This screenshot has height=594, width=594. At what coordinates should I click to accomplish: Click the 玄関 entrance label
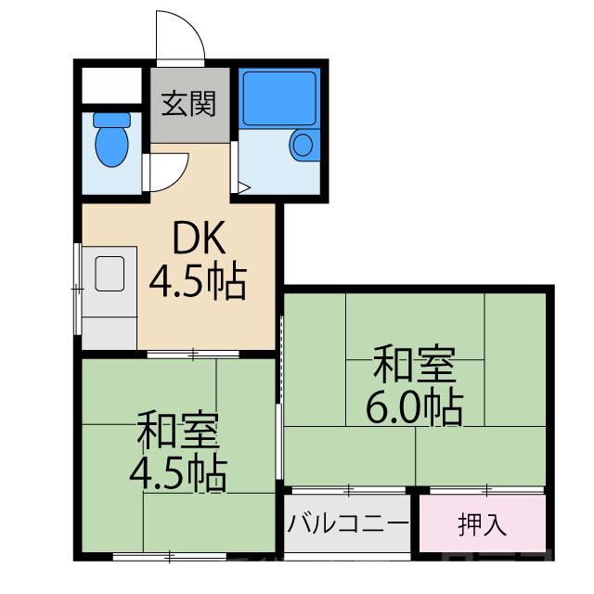coord(189,104)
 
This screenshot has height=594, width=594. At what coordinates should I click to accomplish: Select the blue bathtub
coord(278,97)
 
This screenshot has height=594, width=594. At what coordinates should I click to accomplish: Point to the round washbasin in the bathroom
coord(303,144)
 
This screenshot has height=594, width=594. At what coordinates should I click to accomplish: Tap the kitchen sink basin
coord(108,274)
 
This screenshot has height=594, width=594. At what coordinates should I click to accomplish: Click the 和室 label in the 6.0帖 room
coord(414,365)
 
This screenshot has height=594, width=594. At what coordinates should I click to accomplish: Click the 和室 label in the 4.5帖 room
coord(178,433)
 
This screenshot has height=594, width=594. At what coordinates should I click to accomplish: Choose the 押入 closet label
coord(483,524)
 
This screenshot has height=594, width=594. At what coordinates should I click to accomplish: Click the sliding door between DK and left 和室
coord(193,354)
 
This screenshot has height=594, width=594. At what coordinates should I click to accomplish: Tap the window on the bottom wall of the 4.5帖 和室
coord(171,557)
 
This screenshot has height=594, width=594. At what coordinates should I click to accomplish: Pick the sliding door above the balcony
coord(348,488)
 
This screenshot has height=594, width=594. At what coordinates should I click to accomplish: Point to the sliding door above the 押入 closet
coord(485,488)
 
